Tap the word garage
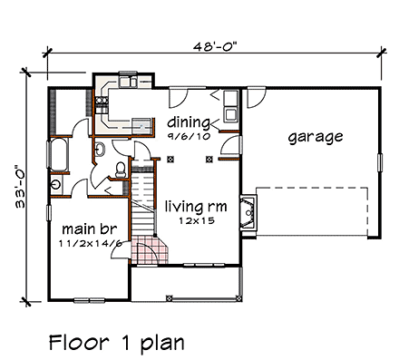tap(315, 138)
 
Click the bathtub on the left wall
tap(59, 155)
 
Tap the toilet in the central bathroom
tap(120, 168)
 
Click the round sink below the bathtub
tap(56, 183)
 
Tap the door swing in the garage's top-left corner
tap(255, 93)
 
